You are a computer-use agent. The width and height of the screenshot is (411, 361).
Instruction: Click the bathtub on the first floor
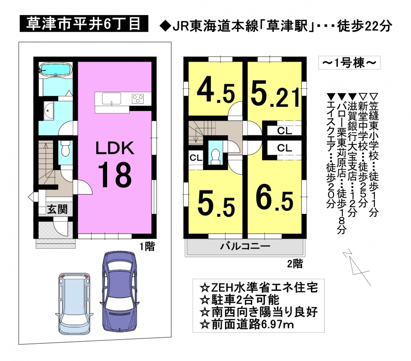click(55, 70)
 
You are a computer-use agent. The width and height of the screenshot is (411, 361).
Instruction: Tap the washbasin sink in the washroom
click(49, 111)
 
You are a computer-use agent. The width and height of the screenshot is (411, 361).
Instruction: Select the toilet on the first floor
click(65, 148)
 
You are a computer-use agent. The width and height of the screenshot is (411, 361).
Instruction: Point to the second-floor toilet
click(216, 157)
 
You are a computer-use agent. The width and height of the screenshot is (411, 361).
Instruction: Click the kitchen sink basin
click(112, 99)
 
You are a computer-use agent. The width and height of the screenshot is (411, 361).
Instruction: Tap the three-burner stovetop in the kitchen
click(138, 99)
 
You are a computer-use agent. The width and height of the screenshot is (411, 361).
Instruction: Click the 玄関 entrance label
click(57, 209)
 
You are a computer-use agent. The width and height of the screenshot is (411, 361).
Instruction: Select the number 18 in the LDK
click(115, 174)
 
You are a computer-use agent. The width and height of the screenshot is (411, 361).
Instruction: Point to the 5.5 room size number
click(216, 204)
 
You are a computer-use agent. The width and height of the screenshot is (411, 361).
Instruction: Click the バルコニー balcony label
click(245, 246)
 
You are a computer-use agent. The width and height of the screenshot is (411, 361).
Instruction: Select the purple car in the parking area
click(119, 291)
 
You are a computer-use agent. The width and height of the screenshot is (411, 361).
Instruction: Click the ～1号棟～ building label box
click(349, 63)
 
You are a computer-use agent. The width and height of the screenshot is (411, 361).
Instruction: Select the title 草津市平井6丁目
click(84, 24)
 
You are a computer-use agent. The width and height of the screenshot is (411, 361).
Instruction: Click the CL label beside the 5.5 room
click(196, 158)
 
